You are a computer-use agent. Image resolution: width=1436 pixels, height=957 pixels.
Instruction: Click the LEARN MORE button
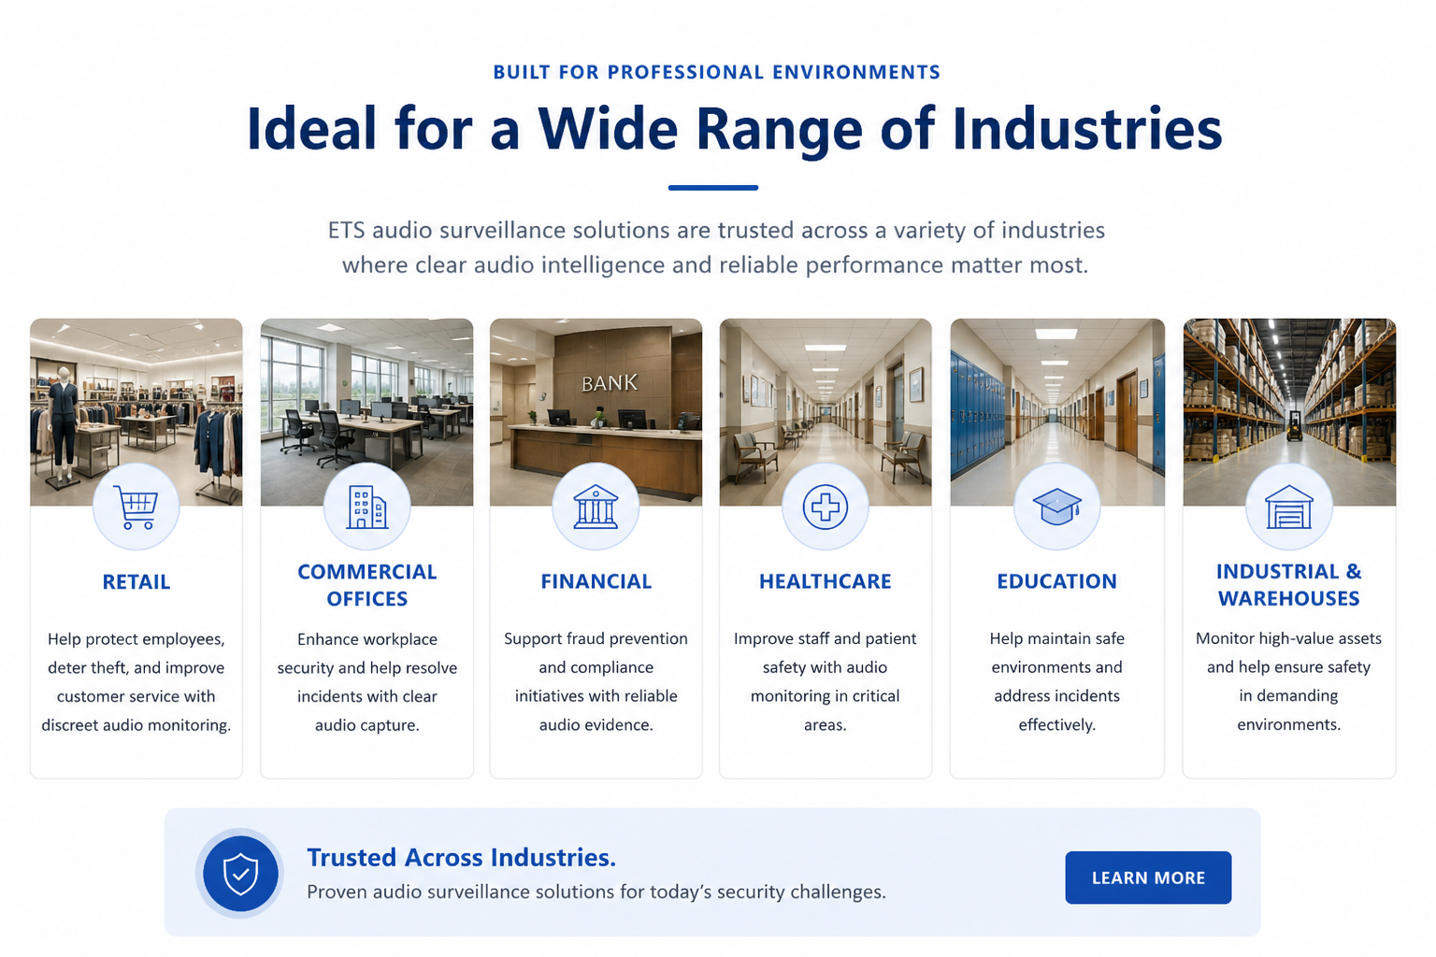(x=1147, y=877)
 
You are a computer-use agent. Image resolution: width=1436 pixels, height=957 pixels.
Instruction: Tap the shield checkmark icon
(x=240, y=873)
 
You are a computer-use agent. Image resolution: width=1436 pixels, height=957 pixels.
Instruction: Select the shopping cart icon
(x=136, y=507)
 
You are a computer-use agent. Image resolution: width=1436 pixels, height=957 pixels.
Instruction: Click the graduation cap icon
(x=1057, y=507)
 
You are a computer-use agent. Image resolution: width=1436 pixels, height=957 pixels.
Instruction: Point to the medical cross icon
(x=826, y=507)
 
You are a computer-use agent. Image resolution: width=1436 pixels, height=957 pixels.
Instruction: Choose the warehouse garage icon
(x=1288, y=507)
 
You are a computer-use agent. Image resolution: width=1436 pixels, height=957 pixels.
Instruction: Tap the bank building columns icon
(x=596, y=507)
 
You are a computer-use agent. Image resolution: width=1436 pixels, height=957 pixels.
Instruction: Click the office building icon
(x=366, y=507)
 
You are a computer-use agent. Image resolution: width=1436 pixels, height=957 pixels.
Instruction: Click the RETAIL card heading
(x=136, y=581)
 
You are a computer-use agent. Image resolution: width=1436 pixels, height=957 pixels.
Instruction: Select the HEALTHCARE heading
(x=826, y=580)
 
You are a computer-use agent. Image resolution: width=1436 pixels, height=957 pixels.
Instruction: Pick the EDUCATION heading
(x=1056, y=580)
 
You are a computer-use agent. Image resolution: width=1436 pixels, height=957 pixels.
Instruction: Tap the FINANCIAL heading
(x=596, y=580)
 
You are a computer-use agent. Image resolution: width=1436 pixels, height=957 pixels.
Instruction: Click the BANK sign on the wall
(x=609, y=382)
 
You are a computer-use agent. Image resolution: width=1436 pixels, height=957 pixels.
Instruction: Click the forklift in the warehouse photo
(x=1294, y=425)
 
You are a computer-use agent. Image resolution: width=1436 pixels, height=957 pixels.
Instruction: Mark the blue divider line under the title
(x=713, y=188)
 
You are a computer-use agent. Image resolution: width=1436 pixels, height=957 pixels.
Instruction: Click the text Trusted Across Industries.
(x=461, y=857)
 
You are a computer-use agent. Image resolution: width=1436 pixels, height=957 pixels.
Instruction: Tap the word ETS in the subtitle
(x=347, y=230)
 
